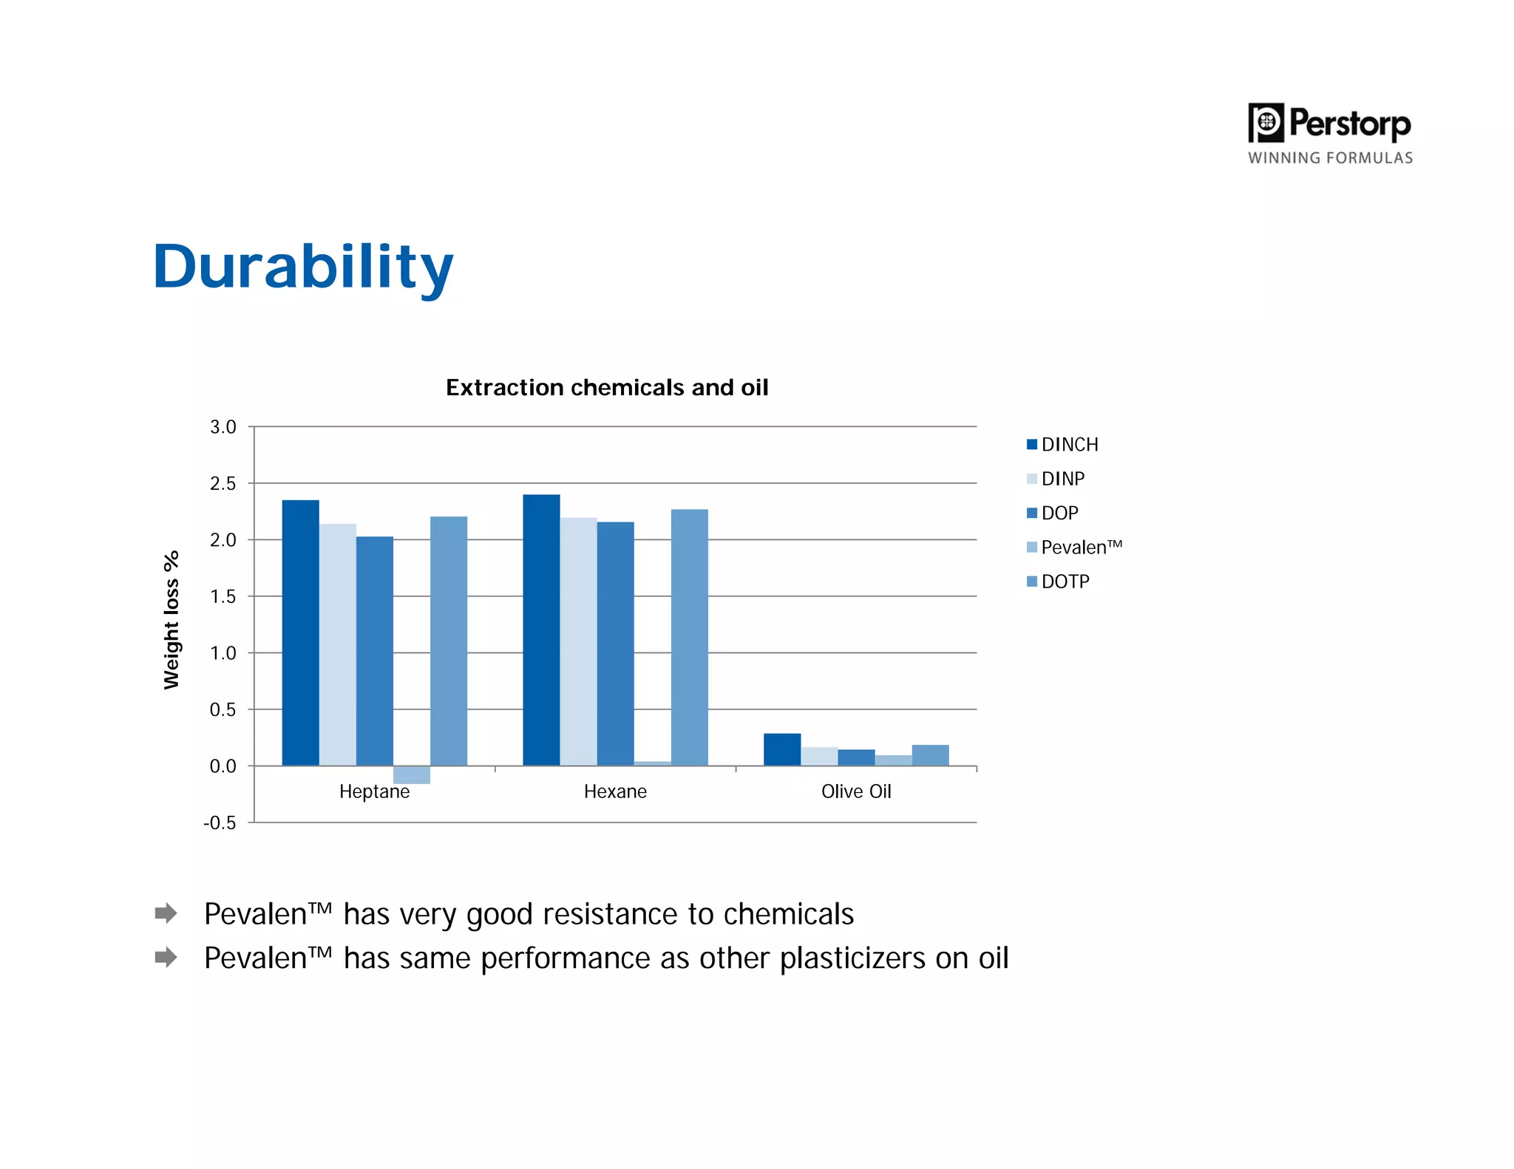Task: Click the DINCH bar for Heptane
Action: click(300, 633)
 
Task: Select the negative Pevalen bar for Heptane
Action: click(411, 774)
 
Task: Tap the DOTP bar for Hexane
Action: click(689, 637)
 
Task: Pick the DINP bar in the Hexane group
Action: click(578, 641)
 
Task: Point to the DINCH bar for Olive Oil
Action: click(781, 749)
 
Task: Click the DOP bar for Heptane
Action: click(374, 650)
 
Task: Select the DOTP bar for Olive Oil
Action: click(930, 755)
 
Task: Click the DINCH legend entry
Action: click(1062, 444)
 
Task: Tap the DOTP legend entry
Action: click(1059, 582)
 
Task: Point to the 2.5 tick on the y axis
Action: click(223, 483)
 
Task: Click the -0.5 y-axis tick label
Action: click(220, 822)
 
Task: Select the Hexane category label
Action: click(615, 791)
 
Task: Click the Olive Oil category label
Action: click(856, 791)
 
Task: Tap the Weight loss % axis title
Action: click(172, 619)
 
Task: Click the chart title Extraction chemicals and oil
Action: click(607, 387)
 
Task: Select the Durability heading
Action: click(303, 267)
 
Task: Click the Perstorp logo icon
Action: click(1266, 123)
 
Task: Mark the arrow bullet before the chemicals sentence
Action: click(166, 913)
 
